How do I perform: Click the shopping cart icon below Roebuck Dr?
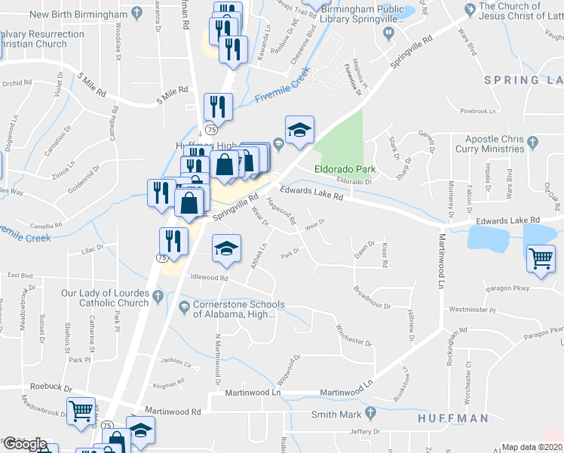(x=81, y=411)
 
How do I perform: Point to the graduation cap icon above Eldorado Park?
(x=299, y=130)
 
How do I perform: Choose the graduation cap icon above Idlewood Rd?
(x=225, y=250)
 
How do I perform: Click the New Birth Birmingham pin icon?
(x=136, y=13)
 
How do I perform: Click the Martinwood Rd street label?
(x=175, y=411)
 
